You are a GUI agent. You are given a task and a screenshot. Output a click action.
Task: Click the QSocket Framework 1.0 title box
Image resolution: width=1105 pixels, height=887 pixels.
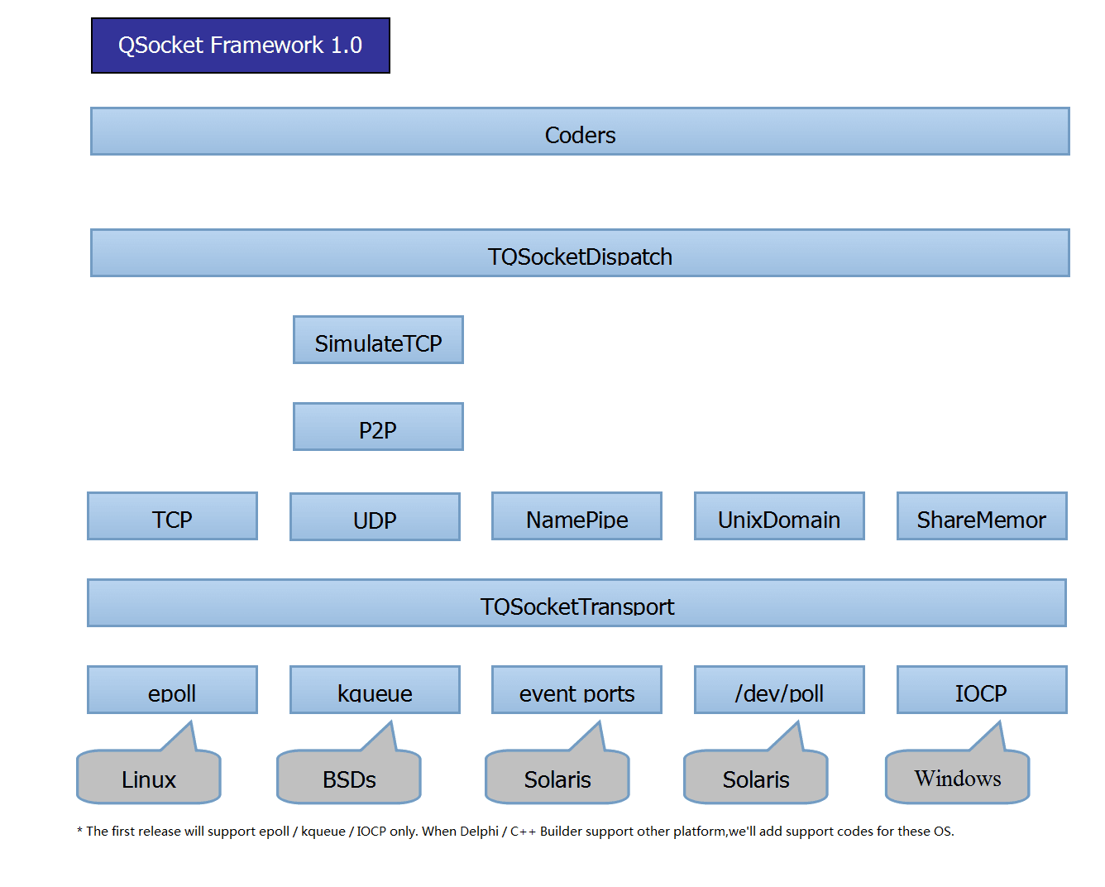(x=240, y=46)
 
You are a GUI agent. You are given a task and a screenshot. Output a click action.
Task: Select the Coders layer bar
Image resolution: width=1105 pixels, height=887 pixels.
(x=580, y=132)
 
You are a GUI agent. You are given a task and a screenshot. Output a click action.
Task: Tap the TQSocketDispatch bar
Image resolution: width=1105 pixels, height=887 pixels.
(x=580, y=253)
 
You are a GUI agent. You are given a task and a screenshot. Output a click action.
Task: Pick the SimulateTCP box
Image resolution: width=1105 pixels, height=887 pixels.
(x=378, y=340)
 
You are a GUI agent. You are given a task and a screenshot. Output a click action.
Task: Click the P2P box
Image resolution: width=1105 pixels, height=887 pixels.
(x=378, y=427)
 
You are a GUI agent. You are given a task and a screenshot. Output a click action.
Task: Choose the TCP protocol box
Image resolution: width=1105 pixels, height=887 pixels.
(x=172, y=516)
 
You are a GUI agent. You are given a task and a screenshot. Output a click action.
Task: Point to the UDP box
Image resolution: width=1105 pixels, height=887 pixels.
(x=375, y=517)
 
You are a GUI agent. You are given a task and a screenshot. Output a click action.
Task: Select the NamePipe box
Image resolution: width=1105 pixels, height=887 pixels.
(x=576, y=516)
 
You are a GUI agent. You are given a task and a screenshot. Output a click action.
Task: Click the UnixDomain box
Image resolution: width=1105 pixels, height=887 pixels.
(x=779, y=516)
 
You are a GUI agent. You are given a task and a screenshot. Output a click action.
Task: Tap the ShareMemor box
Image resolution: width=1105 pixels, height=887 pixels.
(x=982, y=516)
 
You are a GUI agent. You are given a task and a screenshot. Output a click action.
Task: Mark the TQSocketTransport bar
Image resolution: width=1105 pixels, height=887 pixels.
(x=576, y=603)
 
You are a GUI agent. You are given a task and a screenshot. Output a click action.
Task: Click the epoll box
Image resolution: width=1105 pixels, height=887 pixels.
(x=172, y=690)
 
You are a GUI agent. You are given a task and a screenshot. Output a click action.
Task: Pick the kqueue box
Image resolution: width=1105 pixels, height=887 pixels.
(x=375, y=690)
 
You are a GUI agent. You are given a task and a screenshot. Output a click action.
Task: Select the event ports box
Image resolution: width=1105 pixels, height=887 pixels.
(x=576, y=690)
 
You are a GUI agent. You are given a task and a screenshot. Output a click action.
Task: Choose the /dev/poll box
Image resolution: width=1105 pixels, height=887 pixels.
(x=779, y=690)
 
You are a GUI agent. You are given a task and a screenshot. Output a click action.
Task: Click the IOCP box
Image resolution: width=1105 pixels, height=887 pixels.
(x=982, y=690)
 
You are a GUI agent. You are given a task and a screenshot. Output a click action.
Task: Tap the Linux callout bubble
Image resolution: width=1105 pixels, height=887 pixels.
(x=149, y=778)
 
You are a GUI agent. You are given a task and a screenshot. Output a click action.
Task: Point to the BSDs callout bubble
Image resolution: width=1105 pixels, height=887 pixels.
(x=349, y=778)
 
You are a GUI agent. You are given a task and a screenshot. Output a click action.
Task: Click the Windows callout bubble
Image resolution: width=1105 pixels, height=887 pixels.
(x=957, y=778)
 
